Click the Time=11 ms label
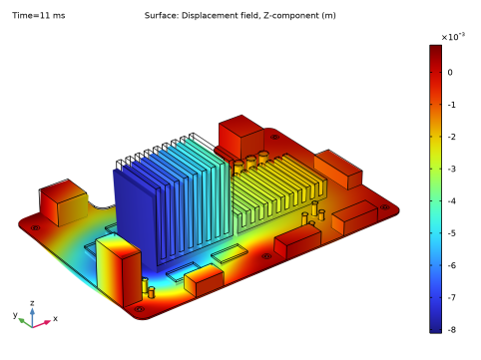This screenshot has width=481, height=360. (x=39, y=16)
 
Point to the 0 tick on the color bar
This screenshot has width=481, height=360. (x=450, y=72)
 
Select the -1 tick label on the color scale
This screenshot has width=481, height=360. (x=451, y=105)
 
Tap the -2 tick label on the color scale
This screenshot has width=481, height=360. (x=451, y=137)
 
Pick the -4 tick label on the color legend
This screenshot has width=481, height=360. (x=451, y=201)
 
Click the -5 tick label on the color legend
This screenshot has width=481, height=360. (x=451, y=233)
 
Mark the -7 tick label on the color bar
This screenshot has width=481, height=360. (x=451, y=297)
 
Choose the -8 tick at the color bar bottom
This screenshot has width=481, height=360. (x=451, y=330)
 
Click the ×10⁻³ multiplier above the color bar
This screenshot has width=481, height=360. (x=453, y=37)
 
